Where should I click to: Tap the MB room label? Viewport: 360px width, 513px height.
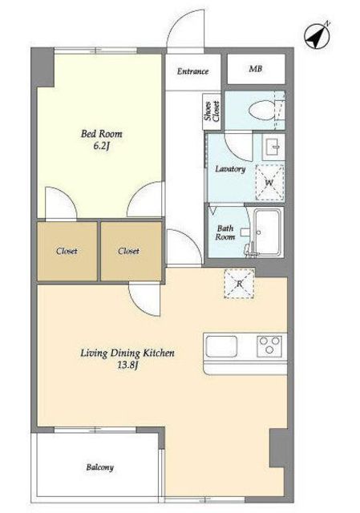coord(256,69)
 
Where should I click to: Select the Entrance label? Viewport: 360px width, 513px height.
coord(192,71)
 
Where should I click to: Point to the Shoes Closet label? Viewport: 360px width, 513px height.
coord(212,111)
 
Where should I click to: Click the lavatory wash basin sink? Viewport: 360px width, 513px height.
coord(273,147)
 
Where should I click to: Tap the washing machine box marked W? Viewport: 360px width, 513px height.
coord(269,182)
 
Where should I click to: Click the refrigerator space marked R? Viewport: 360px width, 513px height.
coord(239,283)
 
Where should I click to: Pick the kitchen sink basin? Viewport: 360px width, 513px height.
coord(221,346)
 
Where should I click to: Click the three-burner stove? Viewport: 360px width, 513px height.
coord(269,345)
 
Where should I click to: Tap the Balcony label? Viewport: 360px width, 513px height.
coord(99,467)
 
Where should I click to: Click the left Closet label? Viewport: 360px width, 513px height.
coord(67,251)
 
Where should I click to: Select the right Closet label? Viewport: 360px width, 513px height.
coord(128,251)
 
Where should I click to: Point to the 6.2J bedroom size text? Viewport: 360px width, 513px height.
coord(101,146)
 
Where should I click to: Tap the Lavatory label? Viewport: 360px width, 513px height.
coord(230,169)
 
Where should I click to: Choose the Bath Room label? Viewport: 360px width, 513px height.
coord(225,232)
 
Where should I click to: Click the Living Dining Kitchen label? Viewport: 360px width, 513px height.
coord(127,353)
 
